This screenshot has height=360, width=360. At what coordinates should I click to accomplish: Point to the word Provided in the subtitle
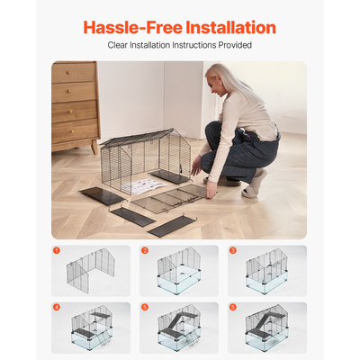tap(236, 45)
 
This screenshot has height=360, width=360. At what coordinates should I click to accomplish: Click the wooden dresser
tap(75, 103)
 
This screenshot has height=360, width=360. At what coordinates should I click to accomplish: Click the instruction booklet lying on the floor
tap(142, 185)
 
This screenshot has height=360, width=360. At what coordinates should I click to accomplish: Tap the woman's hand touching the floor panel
tap(211, 192)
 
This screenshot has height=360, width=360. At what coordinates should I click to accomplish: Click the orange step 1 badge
tap(57, 251)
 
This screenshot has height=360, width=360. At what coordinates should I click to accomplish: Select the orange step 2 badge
tap(145, 251)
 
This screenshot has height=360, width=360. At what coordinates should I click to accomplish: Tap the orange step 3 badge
tap(232, 251)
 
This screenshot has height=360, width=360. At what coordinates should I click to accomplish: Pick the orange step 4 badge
tap(57, 308)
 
